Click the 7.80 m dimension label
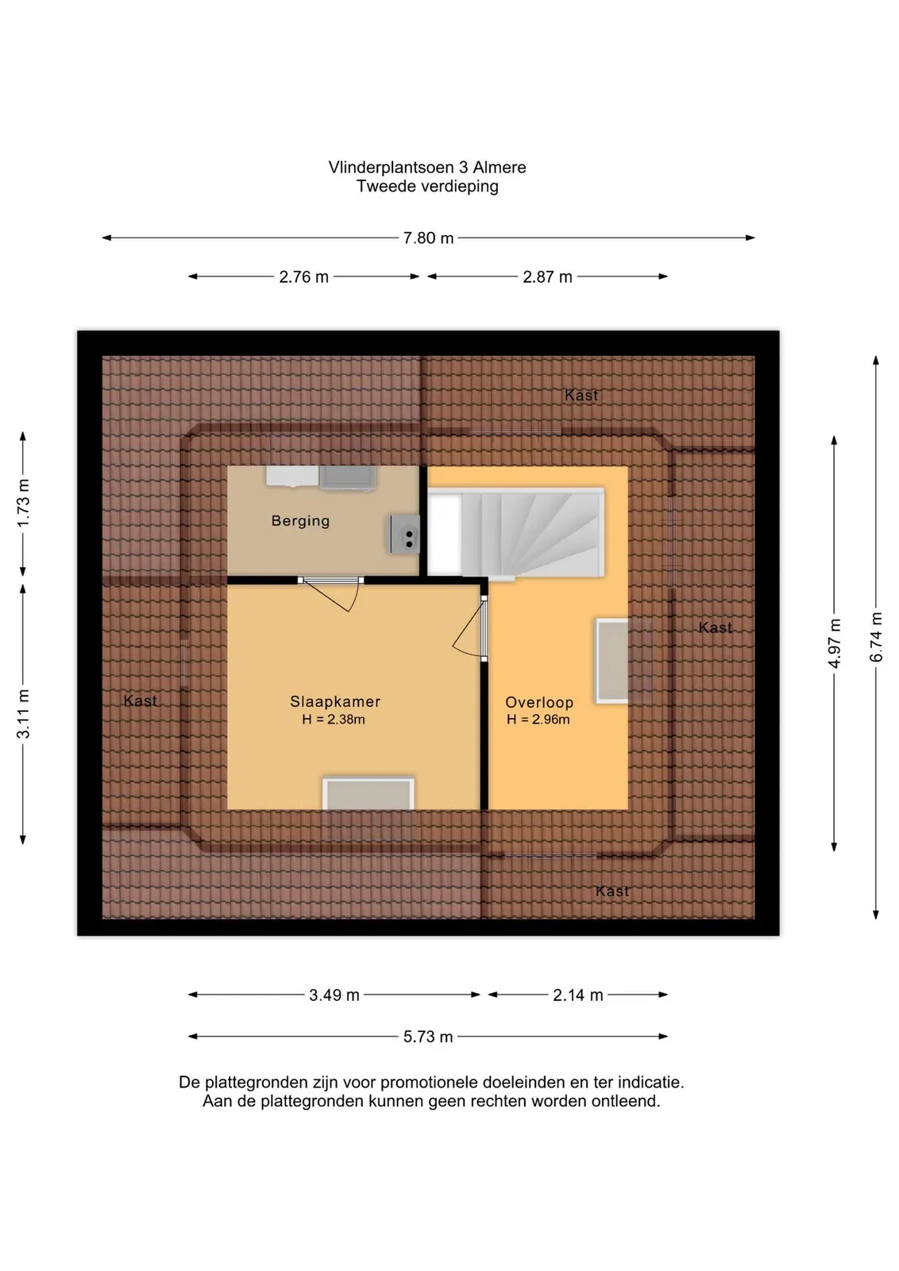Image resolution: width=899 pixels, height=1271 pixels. pyautogui.click(x=428, y=238)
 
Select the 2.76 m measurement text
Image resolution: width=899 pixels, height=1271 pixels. pyautogui.click(x=303, y=277)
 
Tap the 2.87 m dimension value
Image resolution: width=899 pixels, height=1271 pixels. pyautogui.click(x=547, y=277)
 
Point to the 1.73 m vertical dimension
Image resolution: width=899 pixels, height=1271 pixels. pyautogui.click(x=23, y=504)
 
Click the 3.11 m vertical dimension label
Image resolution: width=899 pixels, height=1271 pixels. pyautogui.click(x=23, y=714)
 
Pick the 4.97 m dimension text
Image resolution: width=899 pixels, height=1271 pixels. pyautogui.click(x=835, y=643)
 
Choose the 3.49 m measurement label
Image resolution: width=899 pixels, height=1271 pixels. pyautogui.click(x=334, y=995)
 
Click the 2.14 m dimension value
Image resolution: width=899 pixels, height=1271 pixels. pyautogui.click(x=578, y=995)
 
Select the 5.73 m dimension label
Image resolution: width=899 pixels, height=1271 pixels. pyautogui.click(x=428, y=1037)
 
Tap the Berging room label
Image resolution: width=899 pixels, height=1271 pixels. pyautogui.click(x=301, y=521)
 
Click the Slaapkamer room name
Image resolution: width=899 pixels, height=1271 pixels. pyautogui.click(x=335, y=701)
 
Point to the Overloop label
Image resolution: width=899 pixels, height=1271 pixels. pyautogui.click(x=539, y=702)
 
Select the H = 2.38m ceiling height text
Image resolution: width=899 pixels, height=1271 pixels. pyautogui.click(x=334, y=720)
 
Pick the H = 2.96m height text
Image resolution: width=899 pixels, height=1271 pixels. pyautogui.click(x=538, y=720)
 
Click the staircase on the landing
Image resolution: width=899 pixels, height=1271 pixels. pyautogui.click(x=516, y=533)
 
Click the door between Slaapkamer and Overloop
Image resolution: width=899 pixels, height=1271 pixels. pyautogui.click(x=471, y=627)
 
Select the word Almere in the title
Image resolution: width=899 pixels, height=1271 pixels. pyautogui.click(x=500, y=168)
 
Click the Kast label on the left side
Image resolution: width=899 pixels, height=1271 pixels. pyautogui.click(x=140, y=701)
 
